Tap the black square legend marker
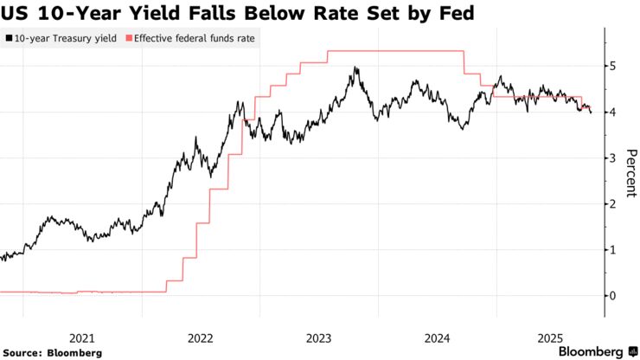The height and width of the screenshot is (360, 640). click(8, 39)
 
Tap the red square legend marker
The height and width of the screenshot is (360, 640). click(129, 39)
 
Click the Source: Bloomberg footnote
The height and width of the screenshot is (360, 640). click(51, 352)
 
